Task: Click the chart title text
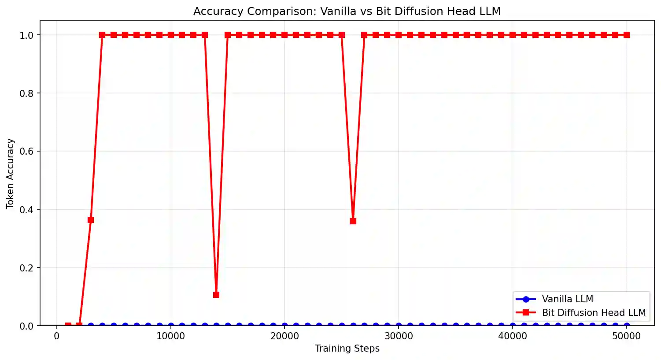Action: pos(347,11)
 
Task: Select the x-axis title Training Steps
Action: pos(347,349)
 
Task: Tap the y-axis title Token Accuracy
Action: pos(11,174)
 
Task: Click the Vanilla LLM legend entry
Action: pos(567,299)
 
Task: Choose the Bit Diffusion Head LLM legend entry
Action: pos(593,313)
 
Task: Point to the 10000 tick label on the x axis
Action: pos(170,336)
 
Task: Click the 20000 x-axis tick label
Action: pos(284,336)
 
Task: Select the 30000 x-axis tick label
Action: pos(399,336)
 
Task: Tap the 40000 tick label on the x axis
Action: pos(513,336)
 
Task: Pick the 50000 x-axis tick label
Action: pos(627,336)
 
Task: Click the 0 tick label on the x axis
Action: pos(57,336)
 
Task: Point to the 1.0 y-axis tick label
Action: pos(26,35)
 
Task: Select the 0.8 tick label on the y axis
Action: pos(26,93)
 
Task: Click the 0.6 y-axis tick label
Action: pos(26,152)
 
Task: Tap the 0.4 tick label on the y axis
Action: pos(26,210)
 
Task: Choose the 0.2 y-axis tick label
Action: pos(26,268)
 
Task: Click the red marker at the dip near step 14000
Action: pos(216,295)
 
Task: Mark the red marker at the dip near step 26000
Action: pos(353,221)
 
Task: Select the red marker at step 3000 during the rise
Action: pos(91,220)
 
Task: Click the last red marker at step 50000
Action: pos(627,35)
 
